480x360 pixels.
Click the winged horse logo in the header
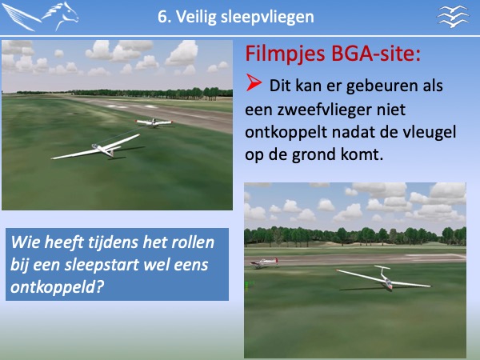(x=40, y=17)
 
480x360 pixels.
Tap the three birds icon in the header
(x=453, y=17)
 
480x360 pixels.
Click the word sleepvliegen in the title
(x=267, y=17)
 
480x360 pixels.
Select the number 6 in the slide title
(x=164, y=17)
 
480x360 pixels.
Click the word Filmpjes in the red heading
(x=285, y=54)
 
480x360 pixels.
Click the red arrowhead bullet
(x=254, y=82)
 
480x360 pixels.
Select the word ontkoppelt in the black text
(x=286, y=133)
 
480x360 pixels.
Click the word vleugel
(x=430, y=133)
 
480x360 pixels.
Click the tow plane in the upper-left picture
(x=154, y=122)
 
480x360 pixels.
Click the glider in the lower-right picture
(x=384, y=278)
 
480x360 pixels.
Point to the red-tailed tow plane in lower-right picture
(x=263, y=262)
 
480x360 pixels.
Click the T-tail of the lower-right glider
(x=382, y=269)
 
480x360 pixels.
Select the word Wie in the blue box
(x=25, y=242)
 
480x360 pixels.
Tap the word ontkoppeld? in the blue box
(x=57, y=287)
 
